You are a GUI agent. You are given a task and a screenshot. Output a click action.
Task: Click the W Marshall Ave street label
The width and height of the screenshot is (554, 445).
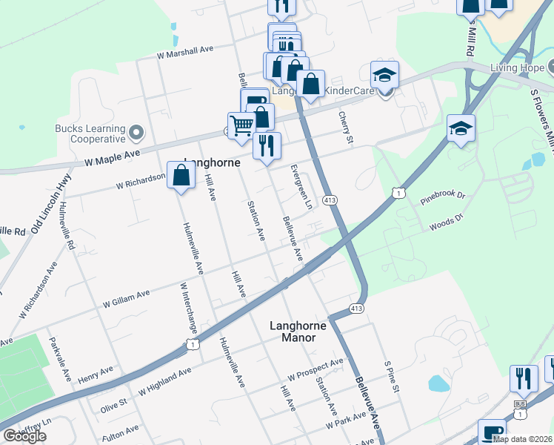(184, 50)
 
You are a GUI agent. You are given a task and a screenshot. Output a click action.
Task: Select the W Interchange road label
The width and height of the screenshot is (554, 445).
(188, 308)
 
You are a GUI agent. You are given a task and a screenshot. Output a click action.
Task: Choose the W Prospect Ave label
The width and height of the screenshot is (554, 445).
(316, 368)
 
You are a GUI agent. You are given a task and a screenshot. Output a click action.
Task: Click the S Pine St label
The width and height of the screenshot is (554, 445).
(392, 378)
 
